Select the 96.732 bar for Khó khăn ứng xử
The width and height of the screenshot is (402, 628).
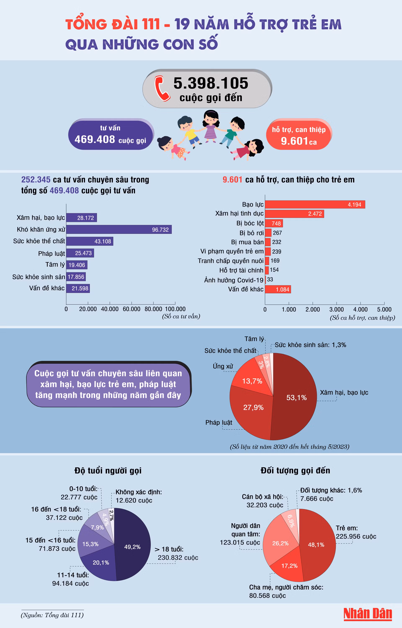tap(119, 229)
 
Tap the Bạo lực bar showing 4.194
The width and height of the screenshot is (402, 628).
tap(315, 205)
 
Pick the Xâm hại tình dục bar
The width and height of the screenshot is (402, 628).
tap(294, 214)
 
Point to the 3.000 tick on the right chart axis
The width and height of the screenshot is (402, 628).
tap(336, 309)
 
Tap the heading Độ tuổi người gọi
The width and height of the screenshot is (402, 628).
tap(108, 470)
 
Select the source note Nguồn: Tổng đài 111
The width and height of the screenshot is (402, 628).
tap(52, 615)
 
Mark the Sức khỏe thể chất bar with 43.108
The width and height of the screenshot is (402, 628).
tap(90, 241)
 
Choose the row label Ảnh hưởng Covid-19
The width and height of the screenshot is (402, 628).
tap(234, 280)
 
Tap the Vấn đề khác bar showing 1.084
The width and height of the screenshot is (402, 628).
tap(278, 289)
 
